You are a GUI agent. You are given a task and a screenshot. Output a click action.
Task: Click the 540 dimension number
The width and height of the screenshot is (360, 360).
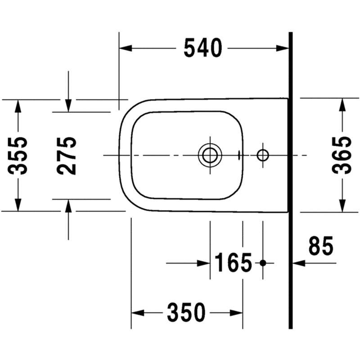pyautogui.click(x=203, y=48)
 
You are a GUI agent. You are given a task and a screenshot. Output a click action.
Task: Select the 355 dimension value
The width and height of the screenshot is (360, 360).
pyautogui.click(x=18, y=156)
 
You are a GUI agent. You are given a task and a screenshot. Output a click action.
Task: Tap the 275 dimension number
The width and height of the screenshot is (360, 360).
pyautogui.click(x=66, y=156)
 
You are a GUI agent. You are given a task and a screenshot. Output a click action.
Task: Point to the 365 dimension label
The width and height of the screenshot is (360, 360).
pyautogui.click(x=342, y=155)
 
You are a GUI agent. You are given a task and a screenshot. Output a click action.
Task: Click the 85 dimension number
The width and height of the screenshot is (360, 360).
pyautogui.click(x=321, y=246)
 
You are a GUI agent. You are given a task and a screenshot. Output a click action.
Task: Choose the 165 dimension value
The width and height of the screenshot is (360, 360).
pyautogui.click(x=233, y=262)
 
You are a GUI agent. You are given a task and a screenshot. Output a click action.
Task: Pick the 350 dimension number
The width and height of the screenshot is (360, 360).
pyautogui.click(x=186, y=312)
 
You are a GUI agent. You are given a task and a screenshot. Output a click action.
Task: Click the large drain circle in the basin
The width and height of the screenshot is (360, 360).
pyautogui.click(x=210, y=155)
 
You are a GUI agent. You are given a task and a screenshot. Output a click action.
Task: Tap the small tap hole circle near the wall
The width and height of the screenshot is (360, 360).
pyautogui.click(x=263, y=155)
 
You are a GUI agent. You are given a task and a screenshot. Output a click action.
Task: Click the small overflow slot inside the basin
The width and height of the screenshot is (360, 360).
pyautogui.click(x=239, y=155)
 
